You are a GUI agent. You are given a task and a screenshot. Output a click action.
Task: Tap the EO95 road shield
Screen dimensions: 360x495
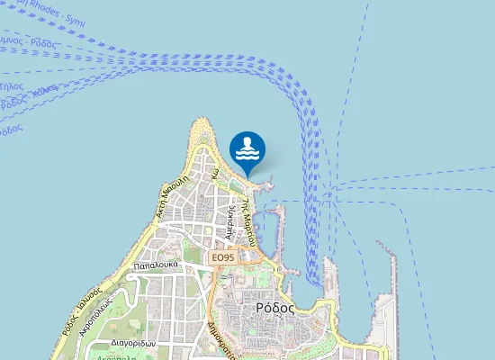[222, 258]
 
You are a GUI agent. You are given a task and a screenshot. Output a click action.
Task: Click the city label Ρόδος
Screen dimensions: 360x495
[274, 306]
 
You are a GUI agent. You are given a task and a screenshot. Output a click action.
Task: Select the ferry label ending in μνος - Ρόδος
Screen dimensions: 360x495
[27, 41]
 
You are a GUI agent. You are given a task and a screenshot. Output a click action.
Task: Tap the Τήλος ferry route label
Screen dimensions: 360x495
[12, 86]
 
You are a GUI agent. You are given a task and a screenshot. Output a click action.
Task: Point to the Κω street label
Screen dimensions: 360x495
[215, 176]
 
